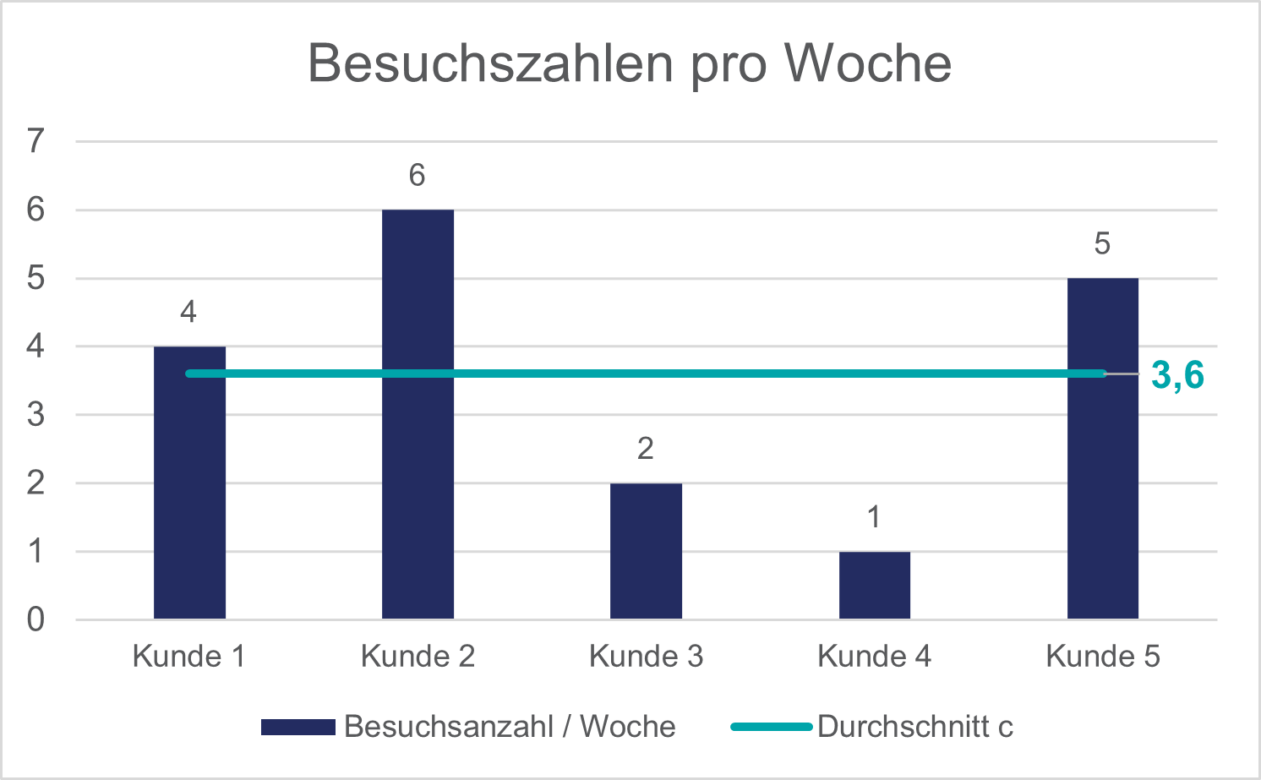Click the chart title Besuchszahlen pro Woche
[630, 63]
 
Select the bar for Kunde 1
[189, 499]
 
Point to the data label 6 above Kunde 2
[417, 176]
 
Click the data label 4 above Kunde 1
[188, 313]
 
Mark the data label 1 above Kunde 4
[874, 517]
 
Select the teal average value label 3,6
[1177, 375]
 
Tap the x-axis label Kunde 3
[646, 657]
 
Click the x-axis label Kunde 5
[1102, 657]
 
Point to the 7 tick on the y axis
[35, 141]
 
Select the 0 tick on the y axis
[35, 620]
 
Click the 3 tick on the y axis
[35, 415]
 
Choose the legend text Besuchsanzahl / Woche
[510, 727]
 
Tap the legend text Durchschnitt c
[914, 727]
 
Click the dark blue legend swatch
[298, 727]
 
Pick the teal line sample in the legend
[771, 727]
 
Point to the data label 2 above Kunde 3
[646, 449]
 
